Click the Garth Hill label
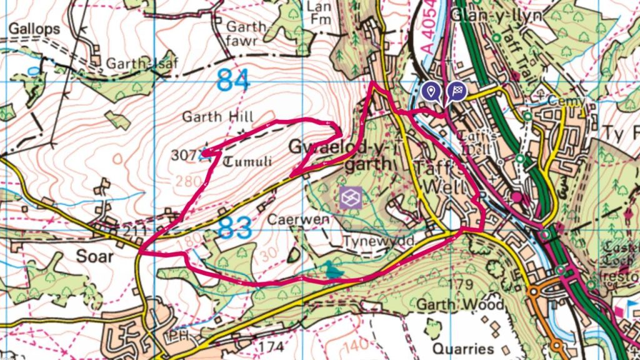click(217, 116)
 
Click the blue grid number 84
click(233, 80)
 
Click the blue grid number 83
click(235, 227)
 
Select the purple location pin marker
click(430, 92)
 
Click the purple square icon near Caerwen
click(351, 198)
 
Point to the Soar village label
click(95, 256)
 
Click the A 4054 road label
click(427, 34)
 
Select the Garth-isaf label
click(134, 64)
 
